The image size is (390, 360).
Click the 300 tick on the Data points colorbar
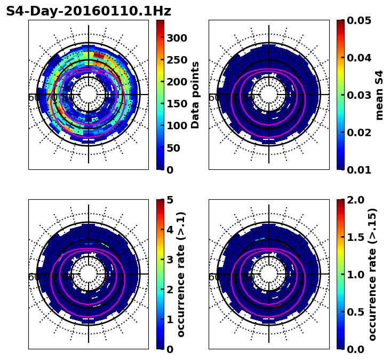pyautogui.click(x=176, y=38)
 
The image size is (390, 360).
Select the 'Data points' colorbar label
pyautogui.click(x=195, y=95)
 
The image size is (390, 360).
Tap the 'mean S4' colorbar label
pyautogui.click(x=379, y=95)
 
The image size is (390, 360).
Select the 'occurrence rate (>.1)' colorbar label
pyautogui.click(x=181, y=274)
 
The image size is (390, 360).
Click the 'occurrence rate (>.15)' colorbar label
pyautogui.click(x=372, y=274)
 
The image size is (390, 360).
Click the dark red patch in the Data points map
pyautogui.click(x=99, y=54)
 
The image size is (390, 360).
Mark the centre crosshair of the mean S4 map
pyautogui.click(x=269, y=95)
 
